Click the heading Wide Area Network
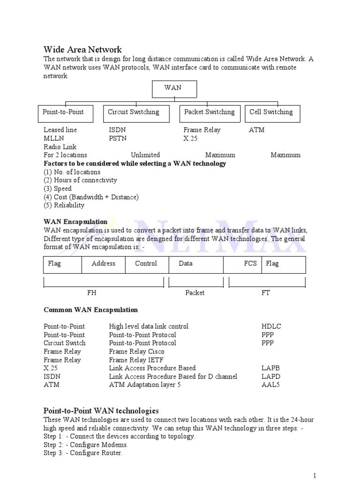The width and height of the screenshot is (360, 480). click(82, 49)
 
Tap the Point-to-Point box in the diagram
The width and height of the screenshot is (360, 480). click(65, 113)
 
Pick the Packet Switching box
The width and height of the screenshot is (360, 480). click(210, 113)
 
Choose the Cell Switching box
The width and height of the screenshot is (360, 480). click(272, 113)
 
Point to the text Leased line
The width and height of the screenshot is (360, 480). click(60, 130)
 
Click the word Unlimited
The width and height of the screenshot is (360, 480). click(145, 155)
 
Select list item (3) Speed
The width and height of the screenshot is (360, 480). click(58, 188)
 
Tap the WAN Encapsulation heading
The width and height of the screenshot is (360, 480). click(75, 221)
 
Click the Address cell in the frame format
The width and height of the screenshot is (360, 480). click(104, 263)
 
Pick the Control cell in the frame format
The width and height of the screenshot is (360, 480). click(146, 263)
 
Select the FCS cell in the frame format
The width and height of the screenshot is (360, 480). click(250, 263)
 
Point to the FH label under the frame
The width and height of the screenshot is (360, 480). click(92, 292)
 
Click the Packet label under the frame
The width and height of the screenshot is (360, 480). click(195, 292)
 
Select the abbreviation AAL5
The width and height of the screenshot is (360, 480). click(271, 385)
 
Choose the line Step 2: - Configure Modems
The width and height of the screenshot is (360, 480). click(86, 444)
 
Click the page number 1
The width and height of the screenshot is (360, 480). click(315, 475)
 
